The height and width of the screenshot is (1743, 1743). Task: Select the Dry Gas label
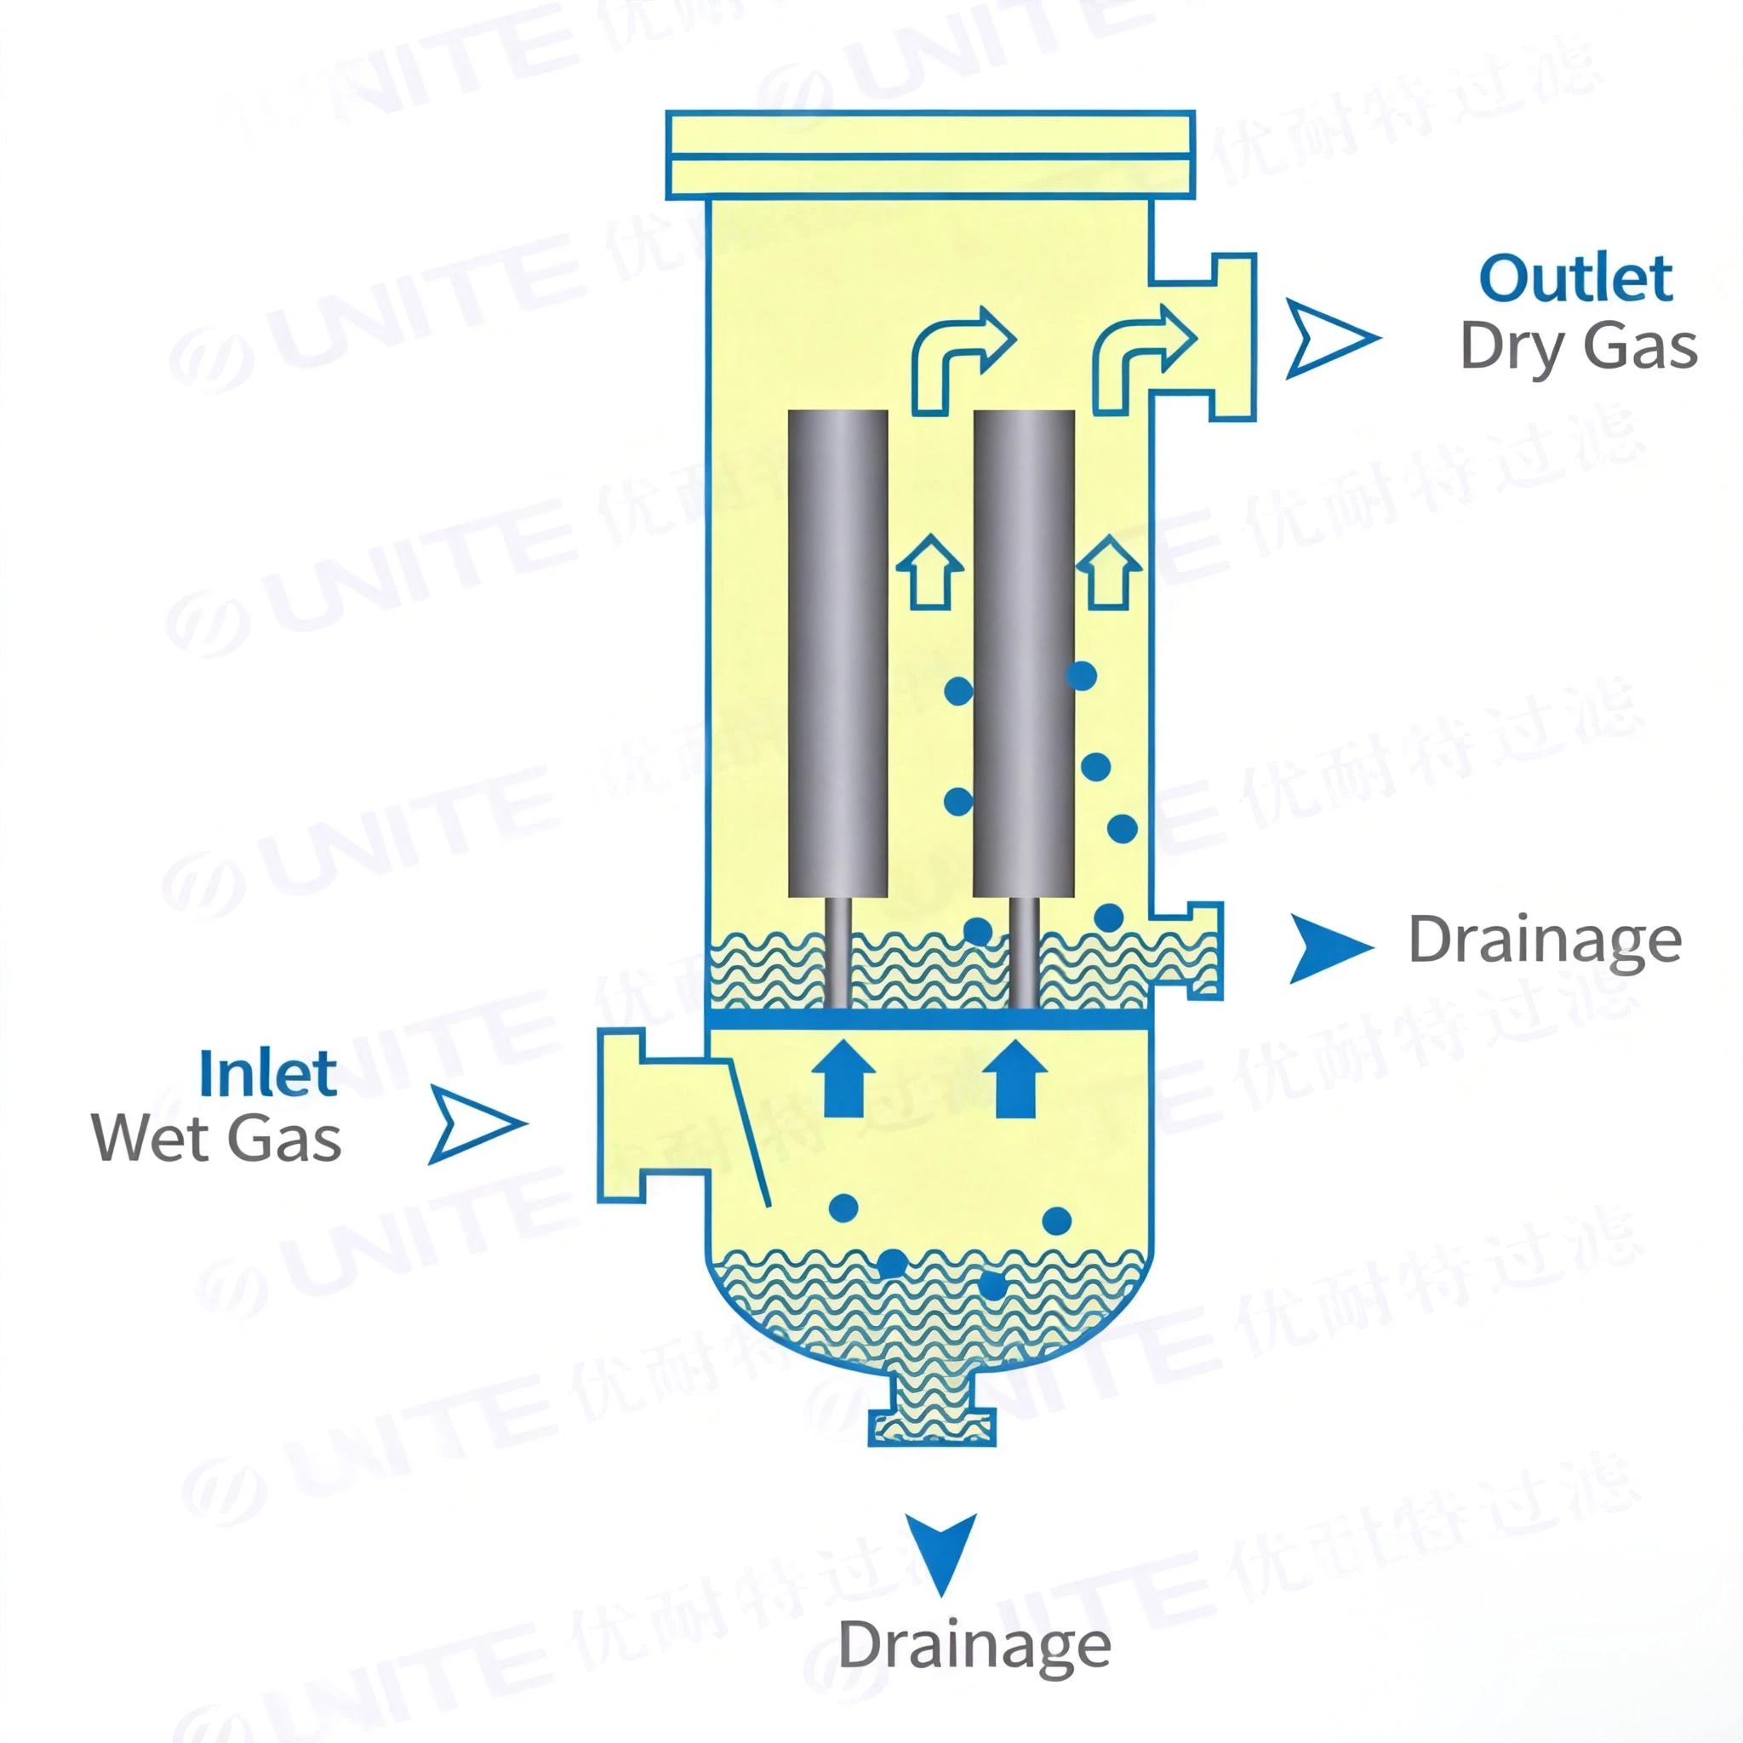coord(1578,346)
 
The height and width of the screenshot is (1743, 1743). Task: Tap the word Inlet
coord(268,1072)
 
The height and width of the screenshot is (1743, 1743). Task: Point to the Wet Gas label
coord(216,1139)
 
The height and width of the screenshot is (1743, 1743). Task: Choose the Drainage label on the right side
coord(1545,941)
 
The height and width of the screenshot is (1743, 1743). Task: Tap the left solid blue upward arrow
coord(843,1077)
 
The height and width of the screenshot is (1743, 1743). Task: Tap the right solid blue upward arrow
coord(1014,1077)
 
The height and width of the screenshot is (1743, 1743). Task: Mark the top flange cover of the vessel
coord(930,154)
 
